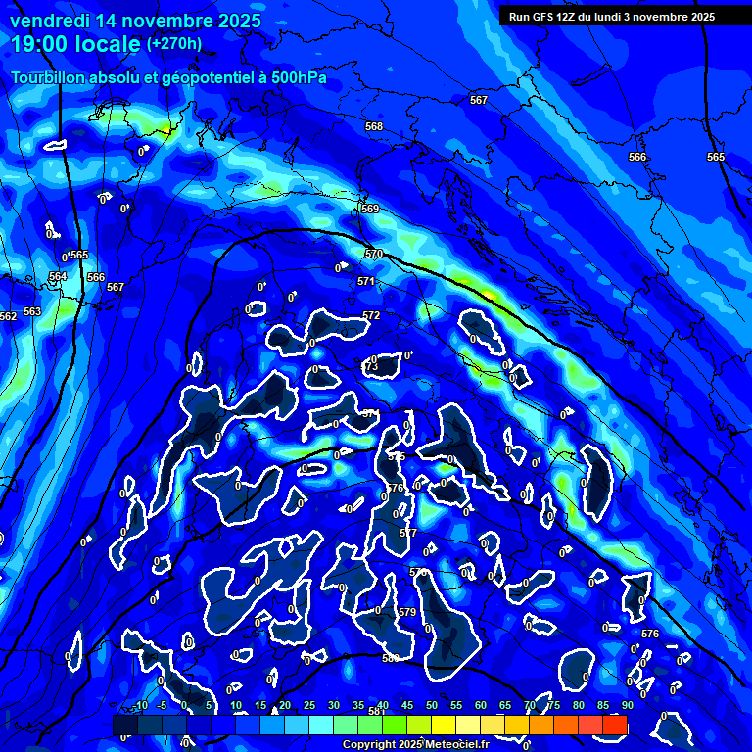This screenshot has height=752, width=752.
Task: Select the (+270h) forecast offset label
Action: tap(174, 43)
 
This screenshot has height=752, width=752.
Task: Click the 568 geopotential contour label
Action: tap(373, 127)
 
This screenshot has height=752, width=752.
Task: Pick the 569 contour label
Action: tap(370, 209)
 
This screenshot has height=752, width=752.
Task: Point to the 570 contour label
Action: tap(374, 255)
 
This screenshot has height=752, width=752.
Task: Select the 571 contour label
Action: tap(366, 281)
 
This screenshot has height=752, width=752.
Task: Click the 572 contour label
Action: tap(371, 315)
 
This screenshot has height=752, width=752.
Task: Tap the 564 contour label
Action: tap(59, 277)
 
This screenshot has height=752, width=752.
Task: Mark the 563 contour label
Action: tap(33, 311)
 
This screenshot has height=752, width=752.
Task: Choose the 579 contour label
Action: tap(407, 612)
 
